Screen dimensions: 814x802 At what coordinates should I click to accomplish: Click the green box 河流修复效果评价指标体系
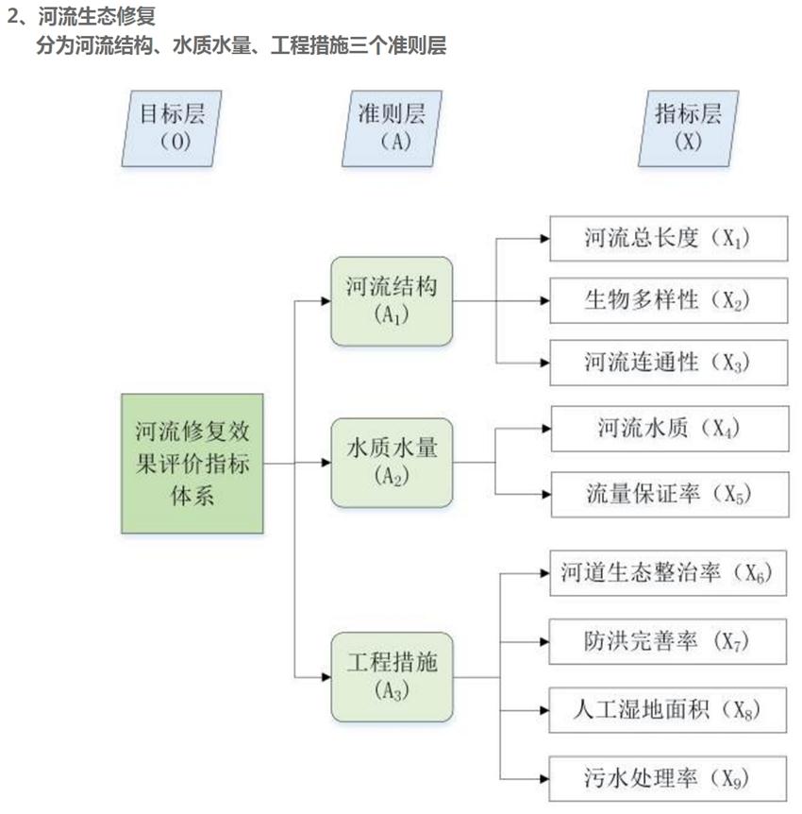pyautogui.click(x=192, y=463)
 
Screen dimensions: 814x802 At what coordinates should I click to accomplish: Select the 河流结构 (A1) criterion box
pyautogui.click(x=392, y=300)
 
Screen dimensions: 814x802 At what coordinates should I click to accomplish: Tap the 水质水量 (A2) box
pyautogui.click(x=392, y=463)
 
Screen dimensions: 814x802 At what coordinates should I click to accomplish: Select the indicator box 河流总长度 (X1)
pyautogui.click(x=668, y=239)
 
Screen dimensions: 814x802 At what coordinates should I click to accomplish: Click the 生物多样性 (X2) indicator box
pyautogui.click(x=668, y=300)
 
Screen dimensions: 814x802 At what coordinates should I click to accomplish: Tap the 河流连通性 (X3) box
pyautogui.click(x=668, y=362)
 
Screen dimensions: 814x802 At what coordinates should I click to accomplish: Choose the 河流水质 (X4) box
pyautogui.click(x=668, y=430)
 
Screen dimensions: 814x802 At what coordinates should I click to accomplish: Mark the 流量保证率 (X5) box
pyautogui.click(x=668, y=493)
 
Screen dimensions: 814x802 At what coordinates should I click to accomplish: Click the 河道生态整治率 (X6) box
pyautogui.click(x=668, y=572)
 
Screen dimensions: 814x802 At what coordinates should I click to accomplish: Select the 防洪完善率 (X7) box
pyautogui.click(x=668, y=642)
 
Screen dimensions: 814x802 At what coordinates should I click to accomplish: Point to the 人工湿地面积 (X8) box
pyautogui.click(x=668, y=708)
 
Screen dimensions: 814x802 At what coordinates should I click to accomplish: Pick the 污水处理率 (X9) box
pyautogui.click(x=668, y=779)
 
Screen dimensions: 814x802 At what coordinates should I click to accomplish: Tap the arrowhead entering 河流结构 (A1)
pyautogui.click(x=325, y=301)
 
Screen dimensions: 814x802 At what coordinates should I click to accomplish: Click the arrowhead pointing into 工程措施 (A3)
pyautogui.click(x=325, y=677)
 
